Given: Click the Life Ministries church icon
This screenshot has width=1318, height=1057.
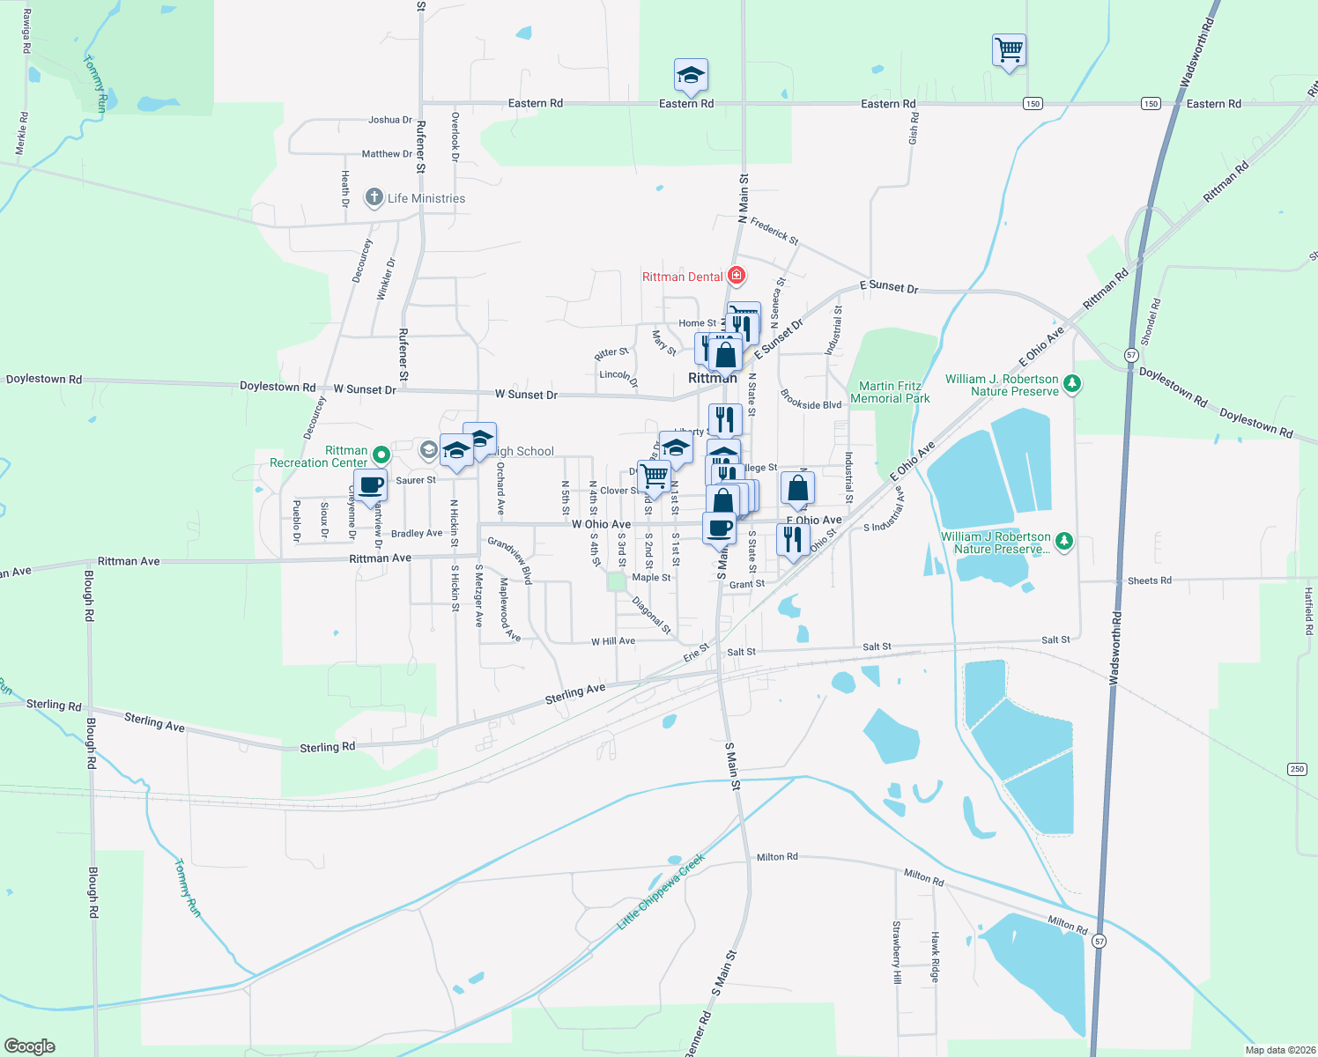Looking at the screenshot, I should [x=374, y=197].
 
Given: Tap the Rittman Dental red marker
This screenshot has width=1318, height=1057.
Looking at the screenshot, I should [x=737, y=277].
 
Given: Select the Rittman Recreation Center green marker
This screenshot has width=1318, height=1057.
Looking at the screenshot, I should [x=381, y=455].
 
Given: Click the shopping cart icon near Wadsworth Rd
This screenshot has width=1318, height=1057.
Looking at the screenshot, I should [x=1009, y=50].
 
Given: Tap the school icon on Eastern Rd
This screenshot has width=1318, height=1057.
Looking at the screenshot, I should [x=691, y=76].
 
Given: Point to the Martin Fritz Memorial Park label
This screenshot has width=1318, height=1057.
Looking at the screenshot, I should [x=890, y=392].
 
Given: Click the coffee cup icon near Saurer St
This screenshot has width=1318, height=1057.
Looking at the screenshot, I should [x=371, y=485].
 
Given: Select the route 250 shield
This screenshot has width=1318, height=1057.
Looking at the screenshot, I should [x=1297, y=769].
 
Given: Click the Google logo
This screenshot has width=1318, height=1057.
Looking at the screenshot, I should [x=30, y=1046].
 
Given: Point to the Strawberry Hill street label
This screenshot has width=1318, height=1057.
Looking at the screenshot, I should [x=897, y=952].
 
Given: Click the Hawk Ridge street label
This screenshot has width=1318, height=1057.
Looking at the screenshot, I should [x=936, y=957].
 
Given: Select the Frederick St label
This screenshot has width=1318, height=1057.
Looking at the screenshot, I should [x=774, y=232].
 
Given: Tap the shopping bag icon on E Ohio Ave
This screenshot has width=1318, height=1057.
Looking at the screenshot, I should [x=797, y=489].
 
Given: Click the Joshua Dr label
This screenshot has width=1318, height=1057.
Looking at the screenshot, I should [x=390, y=120].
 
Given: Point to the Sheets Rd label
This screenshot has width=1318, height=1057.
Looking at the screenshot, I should [x=1150, y=580].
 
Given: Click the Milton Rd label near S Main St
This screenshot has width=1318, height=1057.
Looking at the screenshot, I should [x=777, y=857].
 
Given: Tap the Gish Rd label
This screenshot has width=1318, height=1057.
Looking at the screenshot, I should [x=914, y=129].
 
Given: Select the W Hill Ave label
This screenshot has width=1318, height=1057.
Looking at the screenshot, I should [x=613, y=641].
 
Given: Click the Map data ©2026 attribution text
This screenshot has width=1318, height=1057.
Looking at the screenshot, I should [x=1279, y=1050].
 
